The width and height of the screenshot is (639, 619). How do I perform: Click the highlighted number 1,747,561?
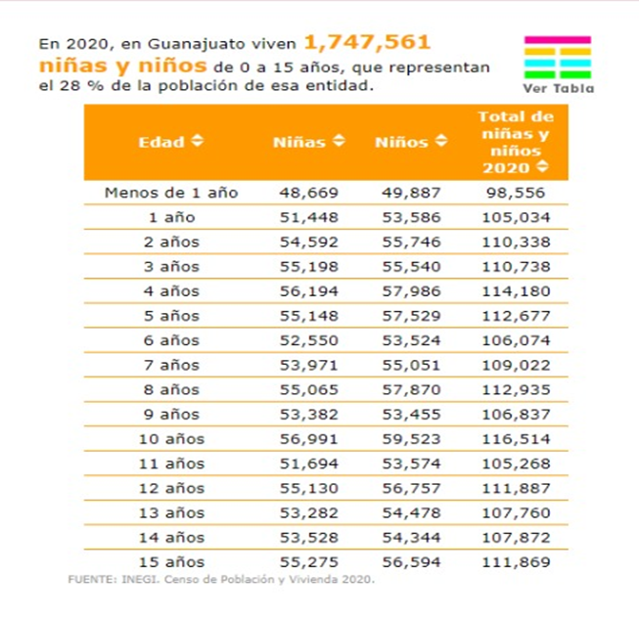pyautogui.click(x=367, y=42)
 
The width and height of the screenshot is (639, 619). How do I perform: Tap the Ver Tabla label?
pyautogui.click(x=559, y=88)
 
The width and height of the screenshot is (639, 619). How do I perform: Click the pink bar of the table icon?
pyautogui.click(x=558, y=40)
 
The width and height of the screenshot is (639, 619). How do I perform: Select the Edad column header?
pyautogui.click(x=161, y=142)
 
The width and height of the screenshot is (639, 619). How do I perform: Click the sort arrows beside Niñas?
pyautogui.click(x=339, y=141)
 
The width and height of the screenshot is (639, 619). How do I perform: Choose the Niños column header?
pyautogui.click(x=401, y=142)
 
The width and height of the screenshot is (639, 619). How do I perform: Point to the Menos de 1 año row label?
pyautogui.click(x=171, y=193)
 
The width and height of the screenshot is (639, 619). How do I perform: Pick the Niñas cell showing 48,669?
pyautogui.click(x=309, y=193)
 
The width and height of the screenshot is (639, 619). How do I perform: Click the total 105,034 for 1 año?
pyautogui.click(x=516, y=217)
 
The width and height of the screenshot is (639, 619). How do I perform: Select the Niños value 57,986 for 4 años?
pyautogui.click(x=411, y=291)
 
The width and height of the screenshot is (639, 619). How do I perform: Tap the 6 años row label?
pyautogui.click(x=171, y=340)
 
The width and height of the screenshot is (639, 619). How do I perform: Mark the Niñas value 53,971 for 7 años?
pyautogui.click(x=309, y=366)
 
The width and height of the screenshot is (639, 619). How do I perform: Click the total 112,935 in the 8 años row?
pyautogui.click(x=516, y=390)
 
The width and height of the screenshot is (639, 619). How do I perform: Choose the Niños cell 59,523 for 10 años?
pyautogui.click(x=411, y=439)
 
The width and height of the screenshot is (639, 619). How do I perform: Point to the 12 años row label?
pyautogui.click(x=171, y=488)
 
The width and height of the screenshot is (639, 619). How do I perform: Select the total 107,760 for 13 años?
pyautogui.click(x=516, y=512)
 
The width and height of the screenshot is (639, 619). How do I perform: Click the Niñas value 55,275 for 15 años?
pyautogui.click(x=309, y=562)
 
